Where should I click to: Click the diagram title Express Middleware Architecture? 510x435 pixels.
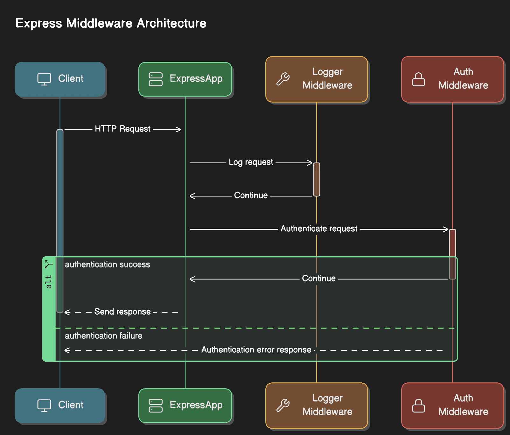[111, 23]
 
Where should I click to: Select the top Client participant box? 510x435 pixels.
[60, 79]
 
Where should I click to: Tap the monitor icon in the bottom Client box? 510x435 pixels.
[44, 405]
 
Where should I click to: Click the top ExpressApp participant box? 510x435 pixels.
[185, 79]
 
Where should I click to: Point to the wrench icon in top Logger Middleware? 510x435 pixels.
[283, 79]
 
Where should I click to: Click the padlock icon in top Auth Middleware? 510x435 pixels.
[418, 79]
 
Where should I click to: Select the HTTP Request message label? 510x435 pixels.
[122, 129]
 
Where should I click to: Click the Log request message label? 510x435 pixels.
[251, 162]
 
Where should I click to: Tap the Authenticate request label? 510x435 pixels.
[319, 229]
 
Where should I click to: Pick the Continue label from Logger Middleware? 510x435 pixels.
[251, 195]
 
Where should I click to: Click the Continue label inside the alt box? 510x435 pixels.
[318, 279]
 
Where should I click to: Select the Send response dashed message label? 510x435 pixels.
[122, 312]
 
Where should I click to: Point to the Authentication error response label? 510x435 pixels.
[256, 350]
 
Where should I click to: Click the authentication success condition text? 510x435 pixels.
[107, 265]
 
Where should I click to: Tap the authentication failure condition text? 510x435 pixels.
[103, 336]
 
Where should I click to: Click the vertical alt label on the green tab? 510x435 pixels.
[48, 282]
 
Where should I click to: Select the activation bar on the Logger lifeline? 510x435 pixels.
[317, 179]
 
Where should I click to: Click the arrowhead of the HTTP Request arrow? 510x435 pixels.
[179, 129]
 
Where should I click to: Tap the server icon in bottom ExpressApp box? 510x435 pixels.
[156, 405]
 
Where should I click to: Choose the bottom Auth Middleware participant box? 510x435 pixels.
[452, 405]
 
